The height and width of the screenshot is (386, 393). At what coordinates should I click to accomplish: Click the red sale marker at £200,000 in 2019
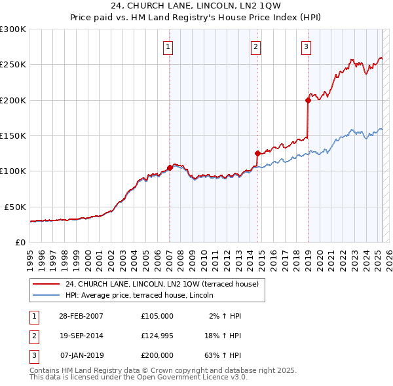tap(307, 100)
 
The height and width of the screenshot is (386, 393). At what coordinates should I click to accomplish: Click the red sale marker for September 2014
tap(257, 153)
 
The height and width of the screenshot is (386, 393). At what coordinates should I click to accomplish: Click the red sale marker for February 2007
tap(170, 167)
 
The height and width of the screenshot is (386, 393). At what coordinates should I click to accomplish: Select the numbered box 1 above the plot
tap(168, 46)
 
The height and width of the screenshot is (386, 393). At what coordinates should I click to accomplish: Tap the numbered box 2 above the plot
tap(255, 46)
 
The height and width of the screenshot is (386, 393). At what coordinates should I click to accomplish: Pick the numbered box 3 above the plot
tap(306, 46)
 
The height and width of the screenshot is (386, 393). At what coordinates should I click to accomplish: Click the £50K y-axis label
tap(15, 206)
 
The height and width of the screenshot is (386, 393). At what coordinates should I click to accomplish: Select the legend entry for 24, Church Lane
tap(162, 284)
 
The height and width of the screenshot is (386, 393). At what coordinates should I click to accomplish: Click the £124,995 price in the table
tap(157, 336)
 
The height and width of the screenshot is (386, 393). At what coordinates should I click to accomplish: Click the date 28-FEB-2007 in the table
tap(81, 316)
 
